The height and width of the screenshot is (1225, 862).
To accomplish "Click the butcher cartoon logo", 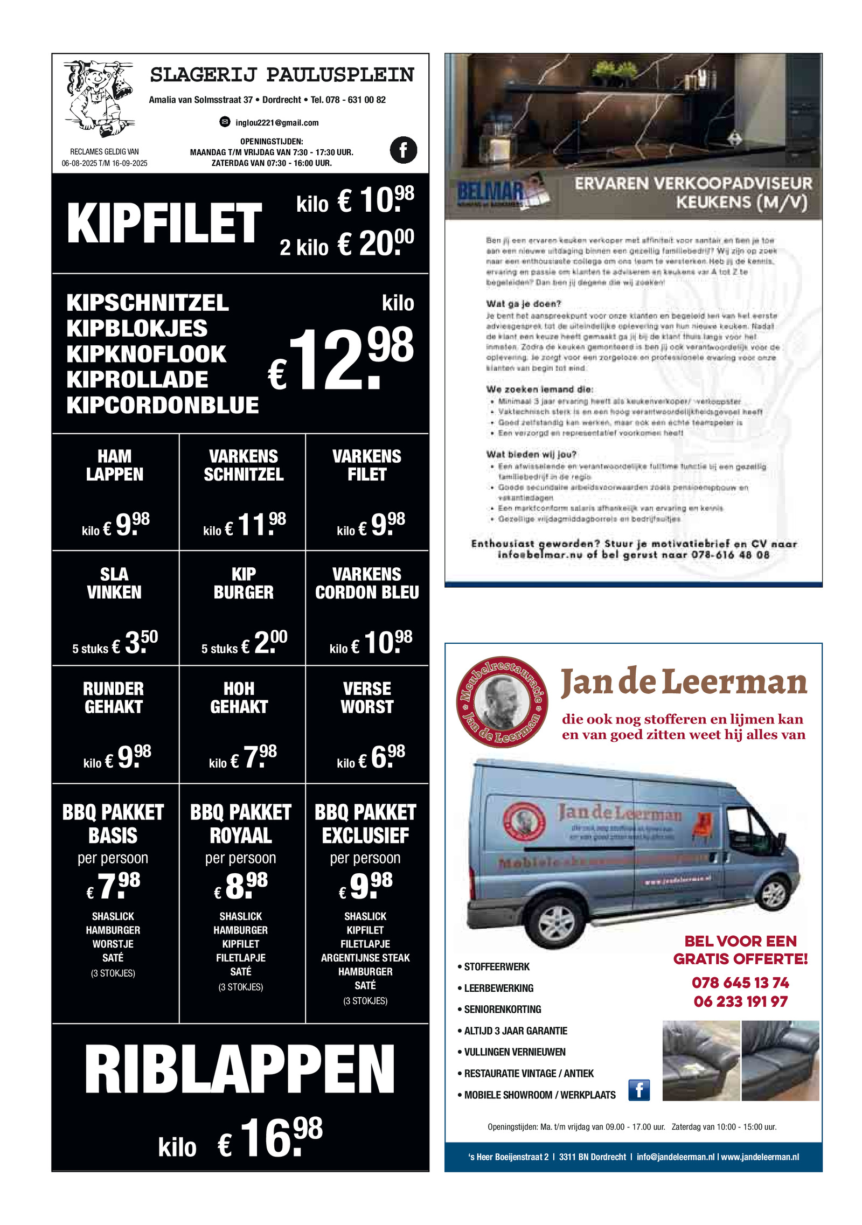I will [x=98, y=99].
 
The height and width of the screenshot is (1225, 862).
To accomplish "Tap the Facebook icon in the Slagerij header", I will [x=403, y=150].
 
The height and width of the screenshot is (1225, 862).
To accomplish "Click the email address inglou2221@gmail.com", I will [x=276, y=123].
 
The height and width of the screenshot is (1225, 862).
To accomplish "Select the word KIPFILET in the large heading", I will [x=164, y=223].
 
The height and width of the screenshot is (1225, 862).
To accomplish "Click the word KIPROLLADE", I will [x=137, y=379].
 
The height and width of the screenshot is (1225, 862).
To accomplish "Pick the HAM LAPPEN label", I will [x=115, y=465].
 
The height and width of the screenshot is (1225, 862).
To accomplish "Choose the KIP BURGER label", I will [x=244, y=583].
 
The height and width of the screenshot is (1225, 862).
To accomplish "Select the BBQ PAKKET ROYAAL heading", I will [x=241, y=824].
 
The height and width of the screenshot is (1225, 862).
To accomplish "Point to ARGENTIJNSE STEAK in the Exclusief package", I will [x=365, y=958].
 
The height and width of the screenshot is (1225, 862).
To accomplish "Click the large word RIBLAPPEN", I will [x=240, y=1070].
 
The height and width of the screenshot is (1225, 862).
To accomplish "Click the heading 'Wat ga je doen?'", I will [x=523, y=304].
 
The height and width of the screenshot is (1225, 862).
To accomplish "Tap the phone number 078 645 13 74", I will [x=740, y=983].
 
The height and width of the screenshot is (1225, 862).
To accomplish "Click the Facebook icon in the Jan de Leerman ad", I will [x=639, y=1090].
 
